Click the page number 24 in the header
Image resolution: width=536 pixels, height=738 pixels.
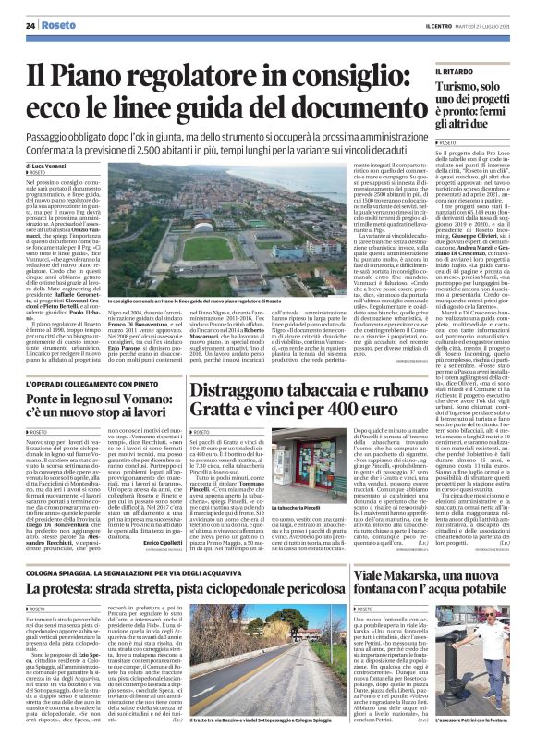click(30, 25)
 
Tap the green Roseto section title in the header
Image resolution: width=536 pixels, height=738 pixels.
click(60, 25)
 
